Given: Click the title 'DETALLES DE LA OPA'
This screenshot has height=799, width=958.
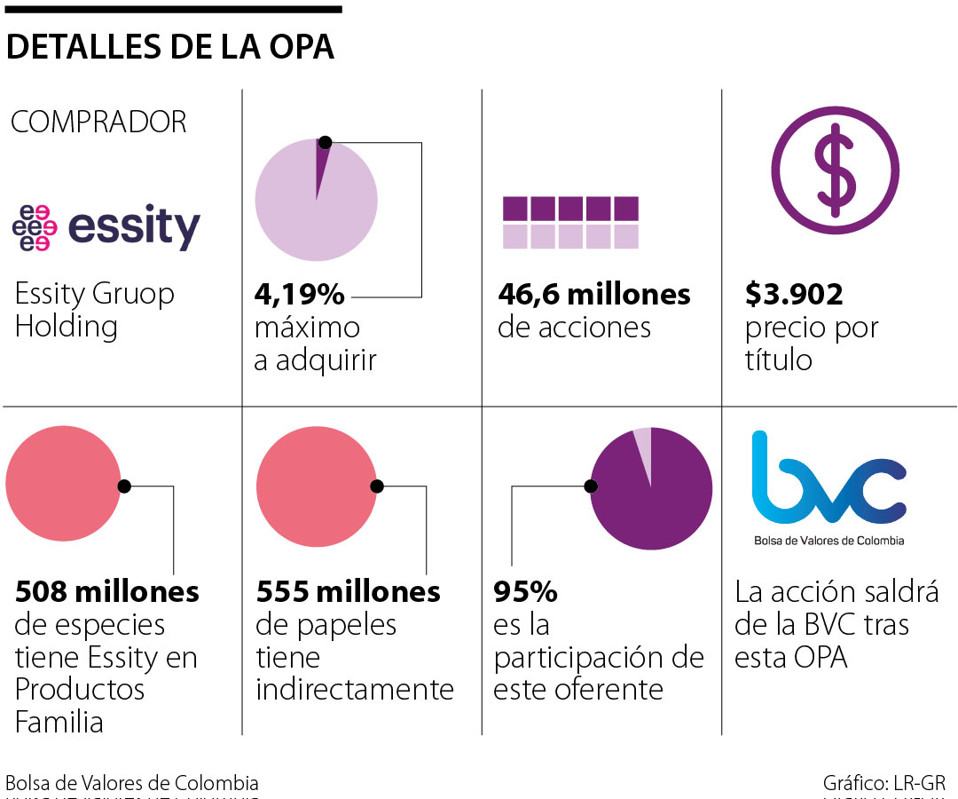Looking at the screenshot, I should pos(170,47).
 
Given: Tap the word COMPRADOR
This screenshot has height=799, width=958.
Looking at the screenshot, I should pos(98,123).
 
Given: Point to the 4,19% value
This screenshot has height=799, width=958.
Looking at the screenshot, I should pos(300,294).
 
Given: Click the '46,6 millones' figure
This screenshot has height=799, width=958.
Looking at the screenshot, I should pos(593,294).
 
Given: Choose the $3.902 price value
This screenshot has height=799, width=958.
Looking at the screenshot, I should pos(794,294).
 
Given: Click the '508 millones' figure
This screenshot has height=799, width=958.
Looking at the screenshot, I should pos(106,591).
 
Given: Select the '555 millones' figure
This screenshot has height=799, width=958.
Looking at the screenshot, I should pos(348,591).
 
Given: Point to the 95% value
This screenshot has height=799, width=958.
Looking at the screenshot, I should pos(525,591).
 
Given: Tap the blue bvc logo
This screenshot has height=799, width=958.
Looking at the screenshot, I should pos(828,479).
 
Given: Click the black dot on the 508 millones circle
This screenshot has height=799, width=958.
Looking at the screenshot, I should pos(124,486).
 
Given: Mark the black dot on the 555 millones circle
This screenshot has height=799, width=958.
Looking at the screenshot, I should pos(377,486).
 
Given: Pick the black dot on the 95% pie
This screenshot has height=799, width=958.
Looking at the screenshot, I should pos(591,486).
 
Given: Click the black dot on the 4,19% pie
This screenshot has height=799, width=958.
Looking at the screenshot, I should pos(325,142).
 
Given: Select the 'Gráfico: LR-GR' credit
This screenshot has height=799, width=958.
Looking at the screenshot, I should pos(883,783).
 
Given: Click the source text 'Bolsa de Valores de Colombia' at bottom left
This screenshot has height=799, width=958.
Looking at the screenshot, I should pos(132,783).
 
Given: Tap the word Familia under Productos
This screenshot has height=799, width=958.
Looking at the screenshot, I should pos(59,721).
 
